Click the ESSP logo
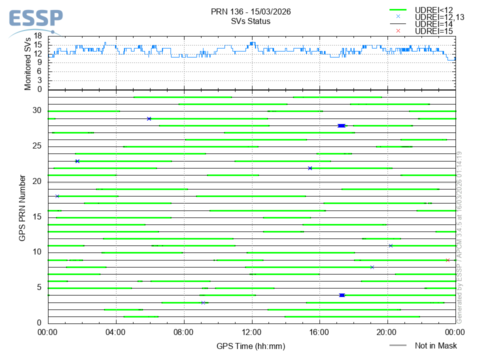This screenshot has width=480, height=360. click(35, 20)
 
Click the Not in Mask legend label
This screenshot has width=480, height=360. click(435, 345)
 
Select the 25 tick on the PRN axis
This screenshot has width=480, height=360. click(38, 146)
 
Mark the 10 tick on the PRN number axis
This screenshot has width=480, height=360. click(38, 252)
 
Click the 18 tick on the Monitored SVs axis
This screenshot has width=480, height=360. click(38, 36)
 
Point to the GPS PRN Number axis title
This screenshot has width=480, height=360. click(22, 207)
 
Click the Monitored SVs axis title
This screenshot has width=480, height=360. click(28, 63)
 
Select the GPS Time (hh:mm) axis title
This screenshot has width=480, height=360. click(251, 346)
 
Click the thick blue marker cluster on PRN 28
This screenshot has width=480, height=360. click(341, 125)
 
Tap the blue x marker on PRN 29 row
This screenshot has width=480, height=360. click(149, 118)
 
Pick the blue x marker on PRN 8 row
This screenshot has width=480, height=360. click(372, 267)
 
